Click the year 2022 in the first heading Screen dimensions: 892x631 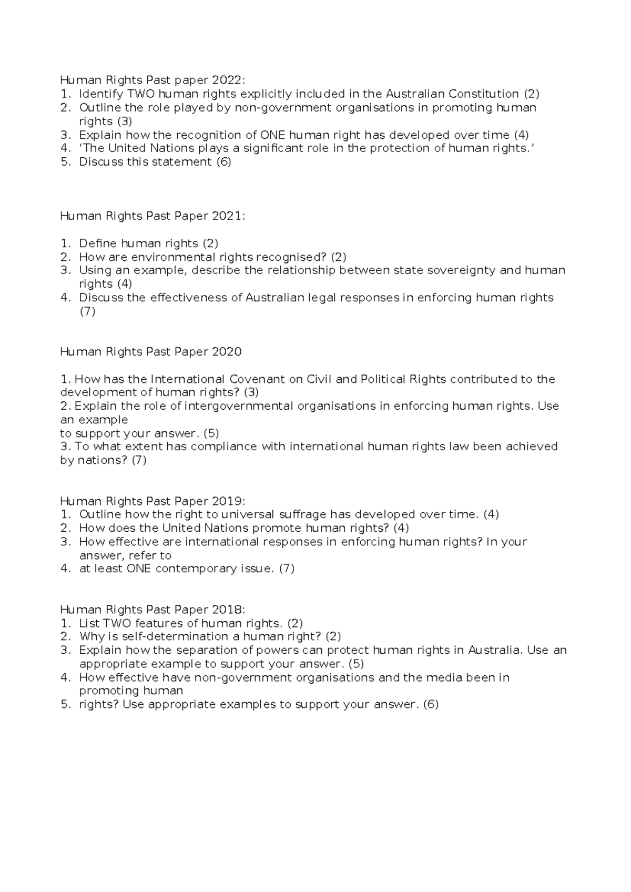coord(227,80)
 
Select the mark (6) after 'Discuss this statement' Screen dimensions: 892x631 coord(223,161)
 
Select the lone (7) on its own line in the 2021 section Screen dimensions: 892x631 coord(87,311)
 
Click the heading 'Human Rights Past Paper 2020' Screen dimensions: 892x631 coord(151,352)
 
